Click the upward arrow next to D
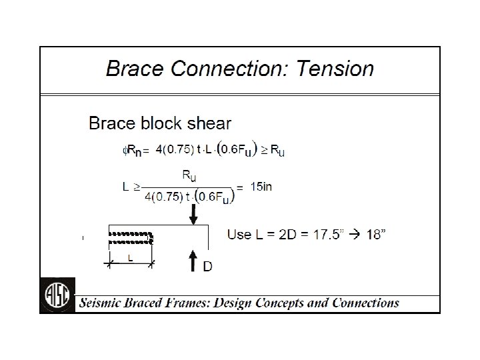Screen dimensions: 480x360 [x=192, y=261]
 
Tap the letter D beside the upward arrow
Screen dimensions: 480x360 [x=207, y=267]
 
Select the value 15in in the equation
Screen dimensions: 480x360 [x=260, y=187]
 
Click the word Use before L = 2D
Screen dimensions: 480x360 [x=239, y=234]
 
